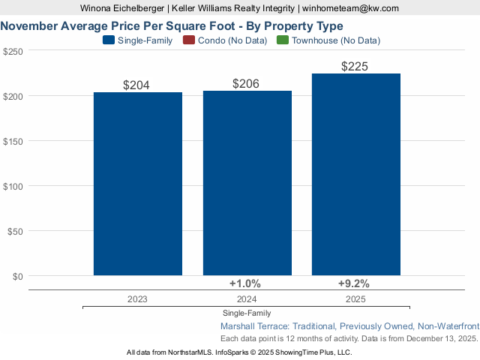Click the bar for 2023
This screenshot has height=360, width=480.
coord(138,184)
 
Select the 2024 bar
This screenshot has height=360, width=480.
coord(247,183)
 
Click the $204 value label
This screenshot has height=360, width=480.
coord(136,85)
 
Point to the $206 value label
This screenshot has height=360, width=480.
coord(246,83)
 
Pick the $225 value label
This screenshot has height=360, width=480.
coord(355,67)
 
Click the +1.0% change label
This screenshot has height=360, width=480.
coord(244,283)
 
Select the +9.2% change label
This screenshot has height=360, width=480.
coord(354,283)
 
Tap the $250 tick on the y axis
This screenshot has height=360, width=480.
coord(13,51)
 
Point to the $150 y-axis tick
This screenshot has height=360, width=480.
coord(13,141)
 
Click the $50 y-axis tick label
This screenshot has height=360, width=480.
coord(16,231)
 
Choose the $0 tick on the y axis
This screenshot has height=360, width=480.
coord(18,276)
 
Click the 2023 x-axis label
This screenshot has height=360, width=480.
coord(137,298)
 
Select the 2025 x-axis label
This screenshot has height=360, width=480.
coord(356,298)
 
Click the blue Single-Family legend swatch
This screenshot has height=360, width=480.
coord(109,40)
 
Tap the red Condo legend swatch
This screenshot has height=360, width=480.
coord(188,40)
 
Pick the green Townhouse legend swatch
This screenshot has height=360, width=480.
coord(283,40)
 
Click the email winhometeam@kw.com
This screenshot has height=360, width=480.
coord(350,8)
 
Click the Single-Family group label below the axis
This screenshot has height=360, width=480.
coord(247,313)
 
